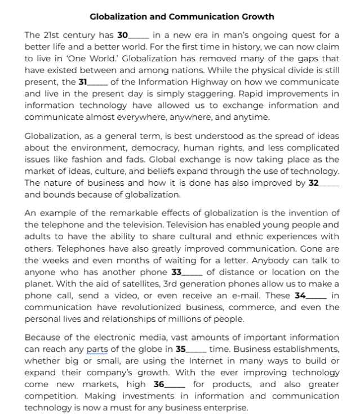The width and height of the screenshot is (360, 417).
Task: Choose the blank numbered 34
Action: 317,295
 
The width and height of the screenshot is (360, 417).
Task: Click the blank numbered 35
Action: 196,349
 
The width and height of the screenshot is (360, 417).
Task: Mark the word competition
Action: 51,396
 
